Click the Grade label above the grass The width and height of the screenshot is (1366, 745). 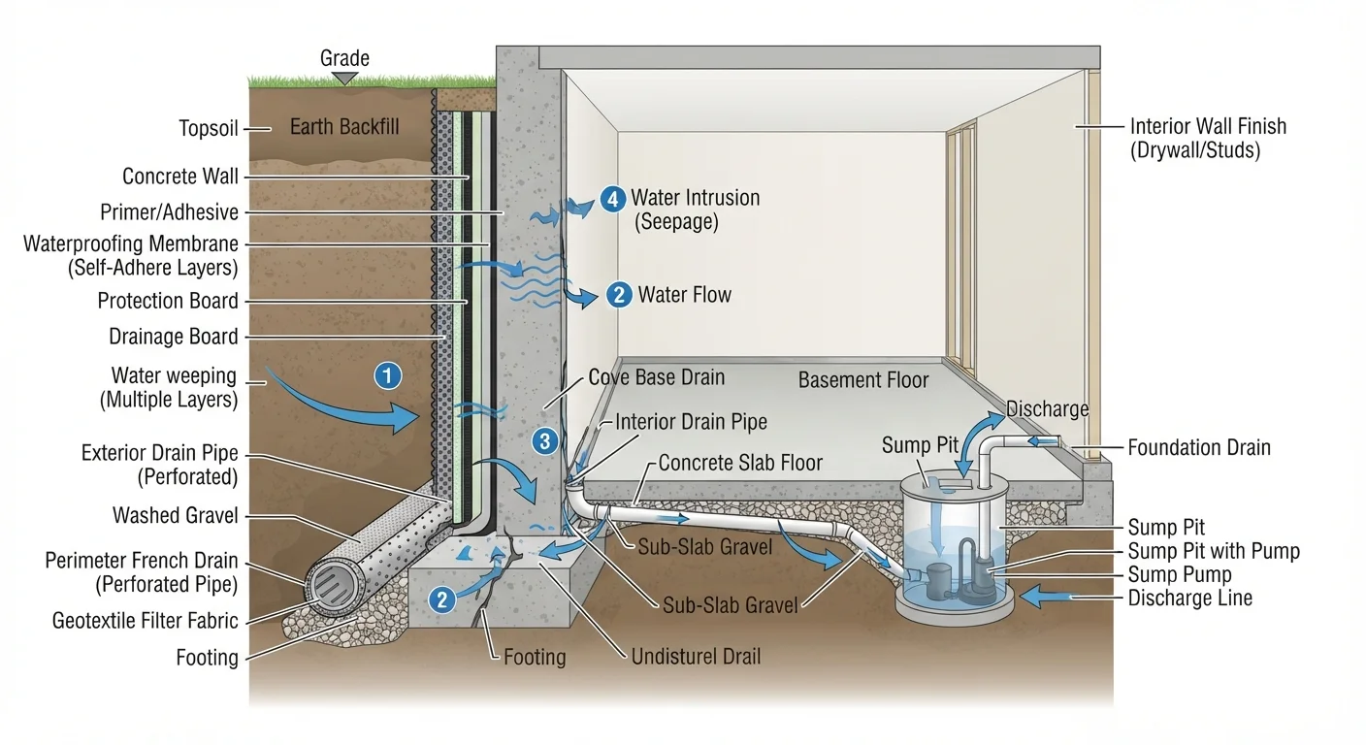pos(344,58)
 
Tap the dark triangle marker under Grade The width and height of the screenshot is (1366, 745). pos(344,78)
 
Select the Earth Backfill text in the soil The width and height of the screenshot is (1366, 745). pos(344,127)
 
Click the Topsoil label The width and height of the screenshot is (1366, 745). pos(208,129)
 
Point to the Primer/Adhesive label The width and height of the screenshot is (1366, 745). pos(169,212)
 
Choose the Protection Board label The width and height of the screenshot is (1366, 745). pos(168,301)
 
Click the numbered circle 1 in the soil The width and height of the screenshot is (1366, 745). pos(388,375)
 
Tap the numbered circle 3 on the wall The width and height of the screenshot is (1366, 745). pos(544,440)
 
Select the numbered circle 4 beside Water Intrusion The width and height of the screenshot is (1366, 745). pos(613,199)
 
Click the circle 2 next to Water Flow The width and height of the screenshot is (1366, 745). pos(619,295)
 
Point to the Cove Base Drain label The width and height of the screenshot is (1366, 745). pos(656,377)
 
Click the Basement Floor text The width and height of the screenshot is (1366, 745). pos(862,380)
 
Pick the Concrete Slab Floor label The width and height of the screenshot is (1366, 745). pos(740,463)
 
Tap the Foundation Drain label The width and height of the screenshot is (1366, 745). pos(1199,448)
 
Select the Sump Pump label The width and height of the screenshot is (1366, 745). pos(1180,574)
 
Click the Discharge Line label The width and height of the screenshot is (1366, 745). pos(1189,599)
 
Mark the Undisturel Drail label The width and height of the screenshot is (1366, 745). pos(696,657)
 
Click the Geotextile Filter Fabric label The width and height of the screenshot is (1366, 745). pos(146,621)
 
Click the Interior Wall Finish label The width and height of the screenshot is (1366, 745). pos(1208,139)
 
